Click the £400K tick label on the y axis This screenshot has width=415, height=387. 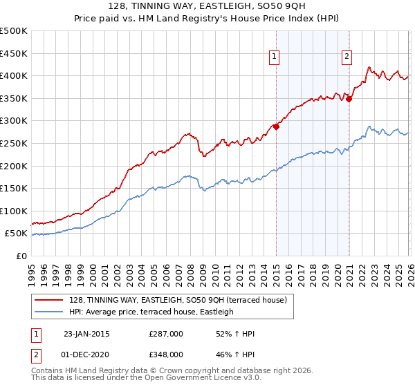pos(14,75)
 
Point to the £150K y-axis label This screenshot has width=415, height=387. pos(14,188)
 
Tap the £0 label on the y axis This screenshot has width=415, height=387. pos(21,256)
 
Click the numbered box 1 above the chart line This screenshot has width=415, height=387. pos(275,57)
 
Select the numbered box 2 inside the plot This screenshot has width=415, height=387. pos(347,57)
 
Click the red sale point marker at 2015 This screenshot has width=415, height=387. pos(276,126)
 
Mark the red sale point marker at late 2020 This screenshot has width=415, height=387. pos(349,99)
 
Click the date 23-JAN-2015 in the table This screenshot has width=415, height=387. pos(86,334)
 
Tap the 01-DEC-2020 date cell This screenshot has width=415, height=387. pos(86,354)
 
